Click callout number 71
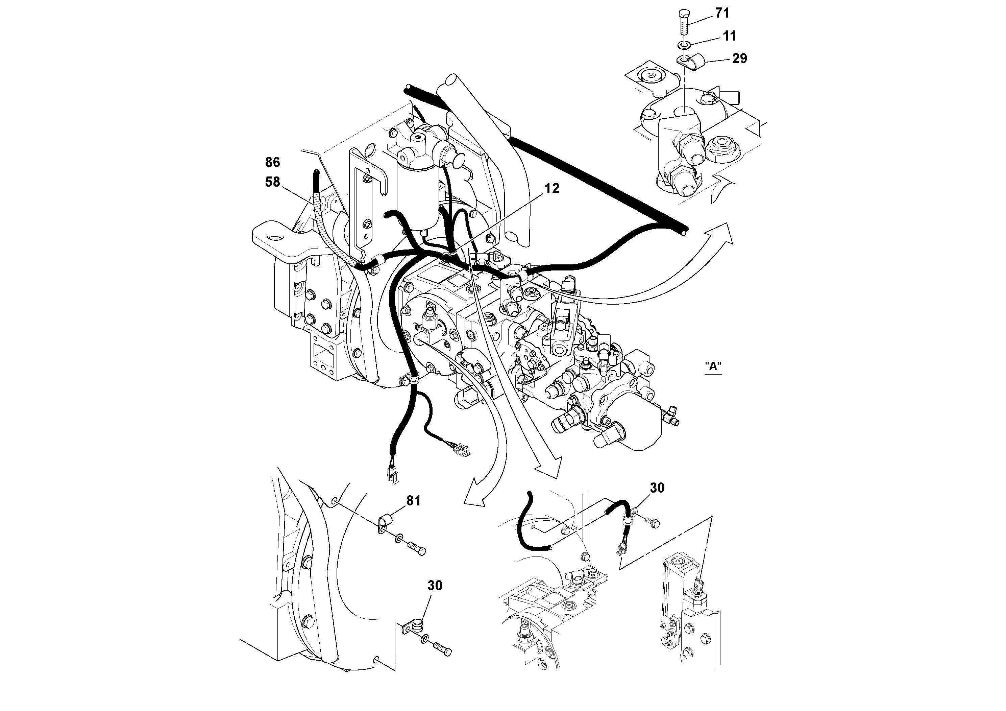click(722, 14)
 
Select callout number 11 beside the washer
click(729, 36)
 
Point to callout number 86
click(272, 163)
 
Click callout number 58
click(272, 182)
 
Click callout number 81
click(413, 501)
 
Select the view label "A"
click(713, 366)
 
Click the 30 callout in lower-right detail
click(657, 488)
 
